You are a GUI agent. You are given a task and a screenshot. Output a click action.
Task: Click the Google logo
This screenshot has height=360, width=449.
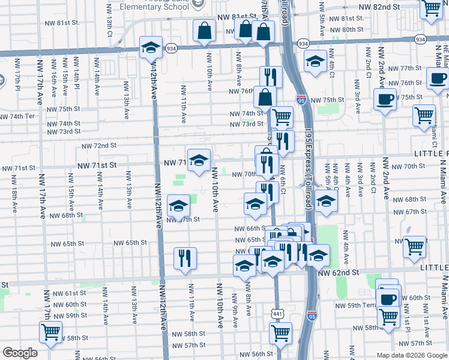coord(20,353)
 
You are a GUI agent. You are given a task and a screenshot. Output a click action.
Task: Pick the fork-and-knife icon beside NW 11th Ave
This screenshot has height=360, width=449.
coord(185,258)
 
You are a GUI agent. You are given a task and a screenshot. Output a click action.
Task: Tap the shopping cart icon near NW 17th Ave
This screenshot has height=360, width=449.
coord(50,331)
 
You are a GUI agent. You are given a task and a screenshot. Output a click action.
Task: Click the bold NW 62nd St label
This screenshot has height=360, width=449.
coord(338,272)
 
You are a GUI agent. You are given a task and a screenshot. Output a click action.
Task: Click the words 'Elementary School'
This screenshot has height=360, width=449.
coord(154,7)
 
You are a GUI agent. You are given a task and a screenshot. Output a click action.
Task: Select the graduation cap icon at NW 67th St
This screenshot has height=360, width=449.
coord(178,206)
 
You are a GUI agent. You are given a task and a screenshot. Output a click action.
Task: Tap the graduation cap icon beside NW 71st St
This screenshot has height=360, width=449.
coord(199,160)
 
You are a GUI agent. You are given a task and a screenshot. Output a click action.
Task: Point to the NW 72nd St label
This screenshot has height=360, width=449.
coord(95,146)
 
